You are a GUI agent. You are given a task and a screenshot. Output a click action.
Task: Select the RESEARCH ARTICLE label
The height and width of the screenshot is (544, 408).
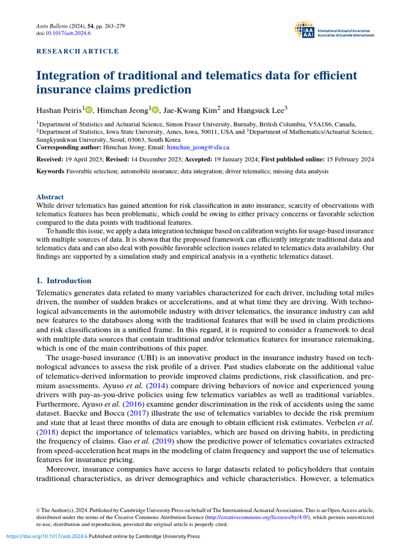(78, 52)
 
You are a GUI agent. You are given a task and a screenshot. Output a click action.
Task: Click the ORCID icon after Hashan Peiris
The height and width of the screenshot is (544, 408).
(88, 110)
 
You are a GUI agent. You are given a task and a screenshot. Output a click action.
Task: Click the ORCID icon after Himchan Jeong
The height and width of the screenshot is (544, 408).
(155, 110)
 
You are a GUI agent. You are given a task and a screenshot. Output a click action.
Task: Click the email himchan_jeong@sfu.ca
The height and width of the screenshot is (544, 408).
(198, 147)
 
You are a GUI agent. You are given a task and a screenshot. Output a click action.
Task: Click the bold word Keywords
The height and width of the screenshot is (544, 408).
(50, 172)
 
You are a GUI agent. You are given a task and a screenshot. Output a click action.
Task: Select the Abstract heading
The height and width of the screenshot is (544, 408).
(49, 197)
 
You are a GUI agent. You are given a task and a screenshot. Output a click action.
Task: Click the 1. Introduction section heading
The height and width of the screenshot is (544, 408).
(64, 280)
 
